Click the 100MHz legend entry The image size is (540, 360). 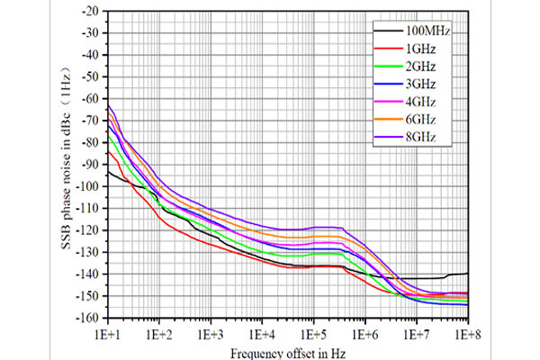tap(427, 31)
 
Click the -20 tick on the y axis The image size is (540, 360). tap(91, 12)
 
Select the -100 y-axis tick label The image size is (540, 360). tap(88, 186)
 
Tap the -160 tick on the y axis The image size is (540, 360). tap(88, 318)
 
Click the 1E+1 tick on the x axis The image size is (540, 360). tap(108, 333)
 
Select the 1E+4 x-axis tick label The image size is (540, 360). tap(262, 333)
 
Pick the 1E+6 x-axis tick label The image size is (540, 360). tap(364, 333)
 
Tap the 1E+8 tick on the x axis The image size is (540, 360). tap(467, 333)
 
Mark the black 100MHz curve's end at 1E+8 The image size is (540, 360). tap(467, 273)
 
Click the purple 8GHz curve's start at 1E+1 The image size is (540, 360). tap(108, 106)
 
